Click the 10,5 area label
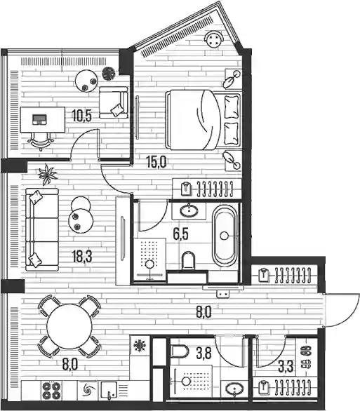pyautogui.click(x=82, y=116)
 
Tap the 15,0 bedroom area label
pyautogui.click(x=156, y=162)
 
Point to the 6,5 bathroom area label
pyautogui.click(x=180, y=234)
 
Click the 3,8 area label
pyautogui.click(x=204, y=354)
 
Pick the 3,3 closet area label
pyautogui.click(x=286, y=366)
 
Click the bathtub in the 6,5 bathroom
pyautogui.click(x=224, y=236)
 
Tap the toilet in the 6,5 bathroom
pyautogui.click(x=189, y=260)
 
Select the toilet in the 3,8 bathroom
pyautogui.click(x=180, y=351)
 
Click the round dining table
pyautogui.click(x=69, y=326)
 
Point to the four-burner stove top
pyautogui.click(x=51, y=391)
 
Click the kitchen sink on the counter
pyautogui.click(x=109, y=390)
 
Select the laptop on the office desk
pyautogui.click(x=39, y=119)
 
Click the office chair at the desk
pyautogui.click(x=41, y=141)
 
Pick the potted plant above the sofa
pyautogui.click(x=48, y=174)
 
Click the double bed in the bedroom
pyautogui.click(x=204, y=120)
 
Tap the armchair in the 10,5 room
pyautogui.click(x=114, y=102)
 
